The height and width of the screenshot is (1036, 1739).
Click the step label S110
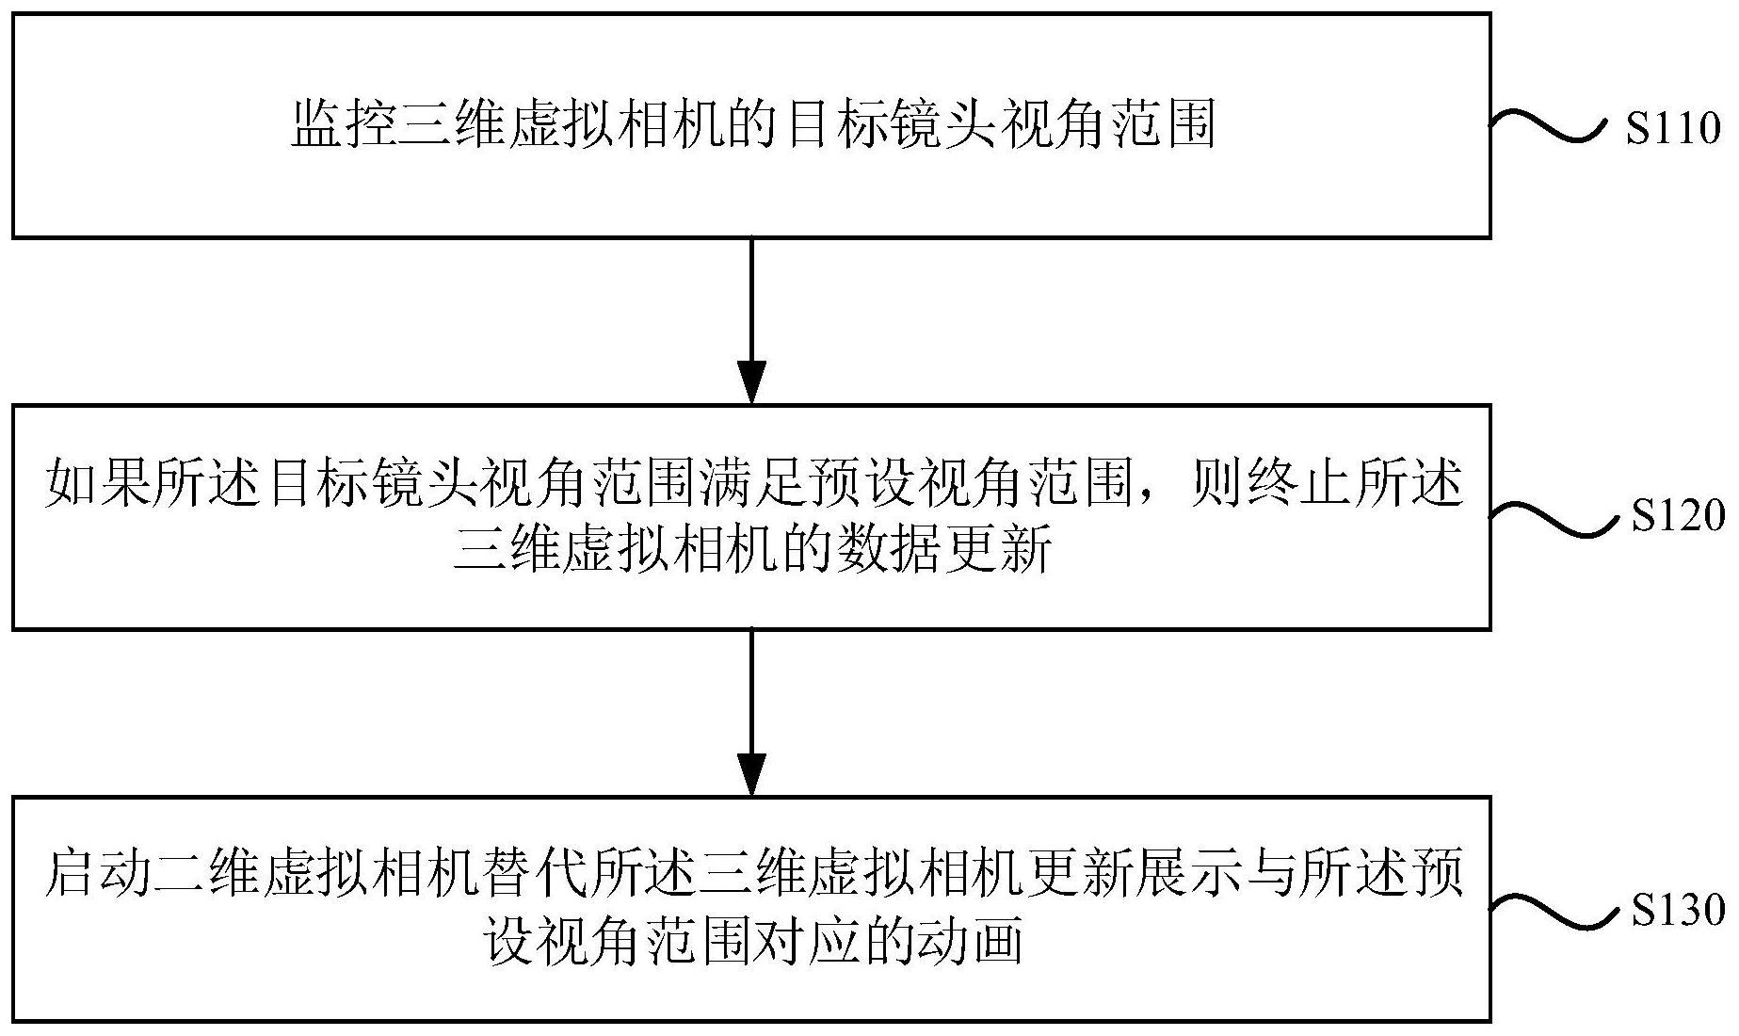1673,128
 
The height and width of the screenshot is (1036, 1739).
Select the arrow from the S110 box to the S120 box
751,321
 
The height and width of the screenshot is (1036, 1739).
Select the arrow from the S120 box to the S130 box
751,713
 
